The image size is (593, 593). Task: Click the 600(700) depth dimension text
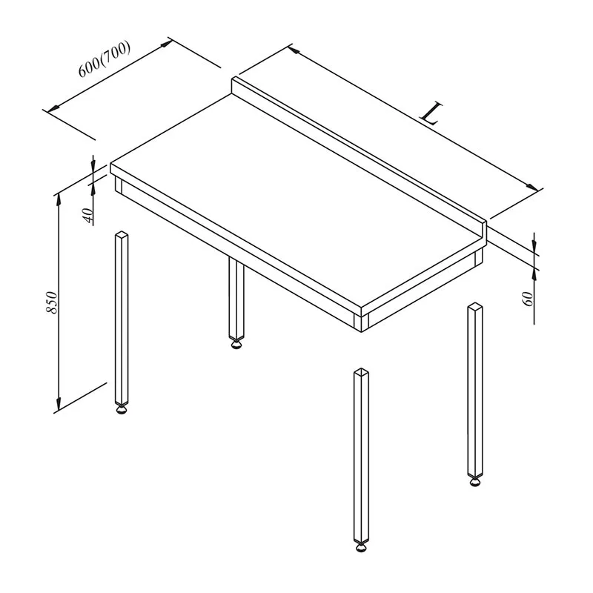[105, 59]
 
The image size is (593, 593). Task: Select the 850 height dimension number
[52, 302]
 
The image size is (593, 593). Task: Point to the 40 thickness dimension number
[87, 215]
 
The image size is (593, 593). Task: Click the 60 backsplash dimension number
[527, 299]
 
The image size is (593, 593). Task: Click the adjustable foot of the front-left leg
[122, 410]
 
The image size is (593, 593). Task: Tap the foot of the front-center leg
[361, 547]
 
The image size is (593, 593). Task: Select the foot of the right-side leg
[475, 482]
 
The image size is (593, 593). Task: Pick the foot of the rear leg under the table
[236, 344]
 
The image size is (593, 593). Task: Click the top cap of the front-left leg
[122, 235]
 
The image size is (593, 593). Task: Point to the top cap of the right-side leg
[475, 307]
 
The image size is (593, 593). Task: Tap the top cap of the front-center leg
[362, 372]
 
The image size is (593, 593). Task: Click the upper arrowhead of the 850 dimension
[59, 199]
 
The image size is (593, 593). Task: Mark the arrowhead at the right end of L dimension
[533, 188]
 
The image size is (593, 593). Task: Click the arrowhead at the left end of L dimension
[294, 50]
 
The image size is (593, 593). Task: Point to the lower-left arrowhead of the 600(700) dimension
[53, 107]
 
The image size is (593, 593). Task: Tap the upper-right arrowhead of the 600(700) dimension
[166, 44]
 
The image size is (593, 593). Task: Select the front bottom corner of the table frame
[362, 332]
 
